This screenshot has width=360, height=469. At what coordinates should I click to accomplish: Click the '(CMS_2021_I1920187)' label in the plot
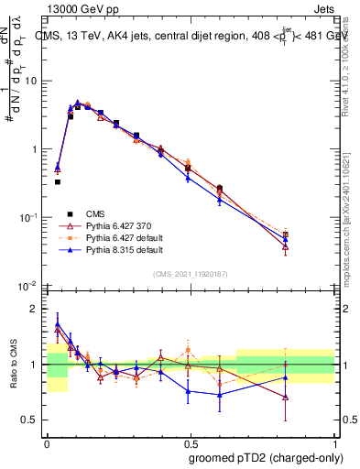pyautogui.click(x=190, y=274)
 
